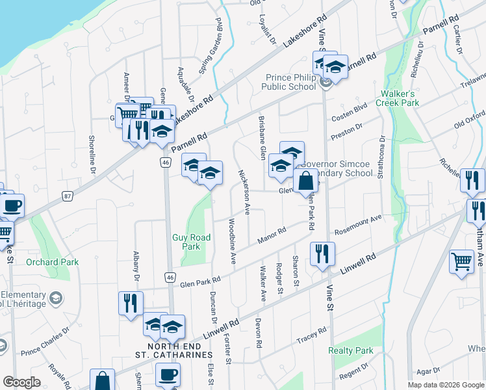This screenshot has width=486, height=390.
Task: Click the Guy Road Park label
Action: pyautogui.click(x=191, y=242)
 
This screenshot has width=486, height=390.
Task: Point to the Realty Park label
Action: pyautogui.click(x=350, y=350)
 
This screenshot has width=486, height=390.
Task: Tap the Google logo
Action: pyautogui.click(x=21, y=382)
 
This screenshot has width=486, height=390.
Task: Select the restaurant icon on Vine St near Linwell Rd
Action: pyautogui.click(x=322, y=254)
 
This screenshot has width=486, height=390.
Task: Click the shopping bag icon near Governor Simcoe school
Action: pyautogui.click(x=305, y=182)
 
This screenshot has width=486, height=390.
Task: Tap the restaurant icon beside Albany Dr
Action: pyautogui.click(x=131, y=304)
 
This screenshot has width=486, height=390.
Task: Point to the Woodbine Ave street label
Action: pyautogui.click(x=231, y=240)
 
